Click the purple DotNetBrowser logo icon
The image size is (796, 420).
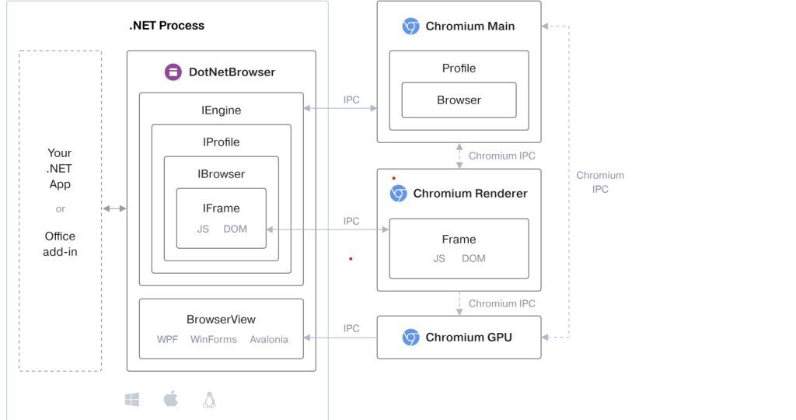point(173,72)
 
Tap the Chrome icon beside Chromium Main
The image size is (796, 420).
point(410,26)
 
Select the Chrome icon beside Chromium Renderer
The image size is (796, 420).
point(398,194)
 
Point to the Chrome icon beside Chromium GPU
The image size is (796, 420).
point(410,338)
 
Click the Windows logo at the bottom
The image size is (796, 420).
point(132,400)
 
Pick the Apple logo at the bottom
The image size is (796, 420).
point(171,399)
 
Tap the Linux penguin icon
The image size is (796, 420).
point(208,400)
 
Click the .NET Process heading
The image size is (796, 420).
point(166,26)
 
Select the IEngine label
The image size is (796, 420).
point(221,110)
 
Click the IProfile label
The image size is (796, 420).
point(221,142)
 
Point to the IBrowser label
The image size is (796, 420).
point(221,174)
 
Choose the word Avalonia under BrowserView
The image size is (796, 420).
point(269,339)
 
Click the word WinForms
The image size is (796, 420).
point(214,339)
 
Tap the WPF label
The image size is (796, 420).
point(167,339)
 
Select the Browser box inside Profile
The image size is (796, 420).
point(459,100)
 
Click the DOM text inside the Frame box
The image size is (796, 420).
point(473,258)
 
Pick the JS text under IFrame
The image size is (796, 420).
point(203,229)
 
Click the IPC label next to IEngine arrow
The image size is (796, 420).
point(351,100)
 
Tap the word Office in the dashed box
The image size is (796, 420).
point(60,236)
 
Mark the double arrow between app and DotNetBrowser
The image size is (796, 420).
point(114,208)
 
